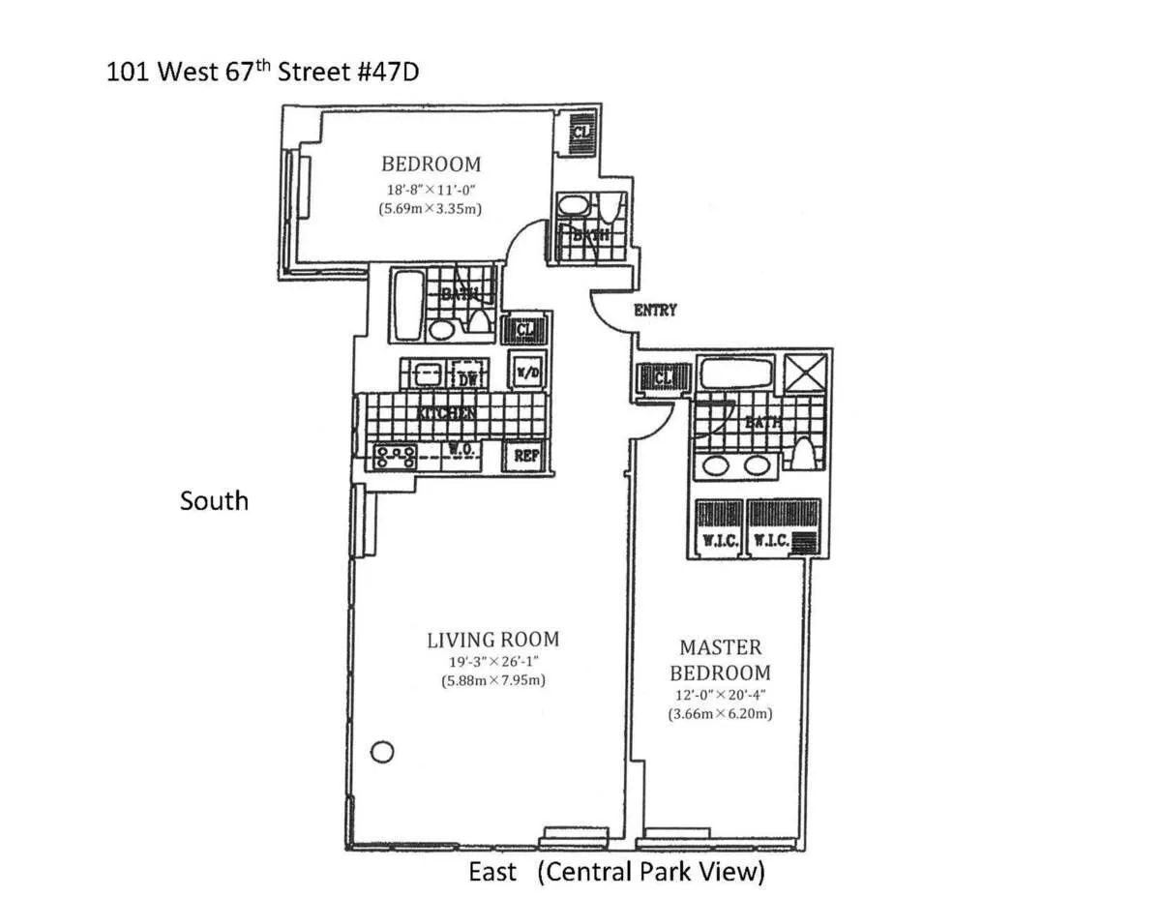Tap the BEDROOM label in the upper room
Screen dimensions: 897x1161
pos(431,164)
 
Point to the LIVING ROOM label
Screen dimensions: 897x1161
pos(492,639)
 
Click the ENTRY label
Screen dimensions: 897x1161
pos(655,311)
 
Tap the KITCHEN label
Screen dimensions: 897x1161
pos(446,413)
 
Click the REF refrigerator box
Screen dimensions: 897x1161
pos(525,456)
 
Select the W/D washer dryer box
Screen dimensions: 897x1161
pos(526,373)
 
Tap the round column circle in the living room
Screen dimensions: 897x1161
pos(382,750)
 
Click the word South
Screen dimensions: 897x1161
pos(214,500)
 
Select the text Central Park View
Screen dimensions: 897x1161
pos(652,872)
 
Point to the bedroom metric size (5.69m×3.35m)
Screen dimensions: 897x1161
pos(431,207)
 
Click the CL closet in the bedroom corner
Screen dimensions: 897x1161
pos(580,130)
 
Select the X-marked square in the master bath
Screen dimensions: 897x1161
pos(804,372)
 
